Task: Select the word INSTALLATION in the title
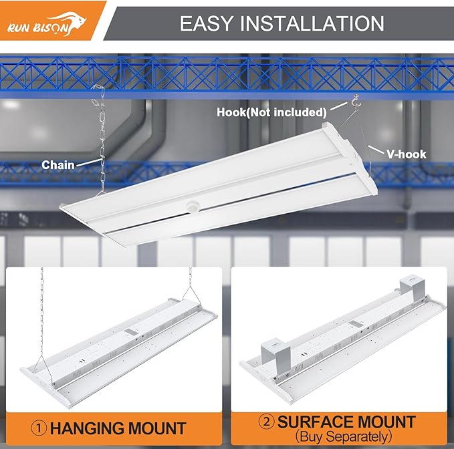[320, 24]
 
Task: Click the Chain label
[58, 164]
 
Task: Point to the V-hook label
[405, 154]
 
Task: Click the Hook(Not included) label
[271, 112]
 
